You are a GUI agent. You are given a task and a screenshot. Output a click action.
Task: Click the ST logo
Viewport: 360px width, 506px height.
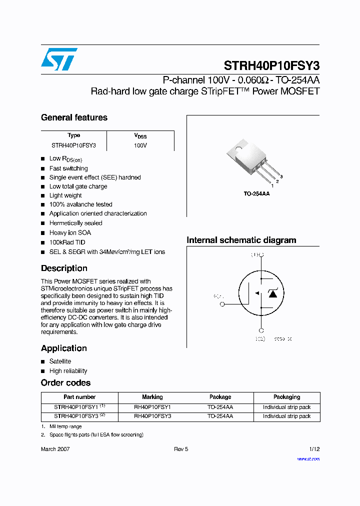point(59,59)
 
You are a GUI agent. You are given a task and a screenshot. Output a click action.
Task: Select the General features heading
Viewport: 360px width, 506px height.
point(74,117)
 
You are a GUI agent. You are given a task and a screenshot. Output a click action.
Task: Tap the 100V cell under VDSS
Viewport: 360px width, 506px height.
point(140,145)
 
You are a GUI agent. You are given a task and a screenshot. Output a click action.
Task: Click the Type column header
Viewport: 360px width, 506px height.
point(73,135)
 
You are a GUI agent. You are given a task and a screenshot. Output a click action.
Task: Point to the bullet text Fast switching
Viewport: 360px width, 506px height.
point(68,168)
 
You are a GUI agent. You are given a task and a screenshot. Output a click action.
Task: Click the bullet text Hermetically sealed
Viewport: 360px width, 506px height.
point(75,223)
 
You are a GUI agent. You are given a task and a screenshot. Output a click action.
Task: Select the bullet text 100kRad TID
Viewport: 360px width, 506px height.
point(67,242)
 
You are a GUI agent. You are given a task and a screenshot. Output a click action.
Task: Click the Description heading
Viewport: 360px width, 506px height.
point(64,268)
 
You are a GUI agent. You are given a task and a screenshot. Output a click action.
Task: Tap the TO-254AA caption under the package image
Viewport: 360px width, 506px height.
point(256,193)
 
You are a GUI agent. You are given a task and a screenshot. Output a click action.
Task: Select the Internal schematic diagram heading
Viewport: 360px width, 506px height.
point(241,240)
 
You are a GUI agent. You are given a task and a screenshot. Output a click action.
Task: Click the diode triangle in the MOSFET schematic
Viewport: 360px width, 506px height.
point(272,293)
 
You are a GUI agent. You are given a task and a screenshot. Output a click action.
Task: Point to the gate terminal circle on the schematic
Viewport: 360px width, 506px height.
point(222,304)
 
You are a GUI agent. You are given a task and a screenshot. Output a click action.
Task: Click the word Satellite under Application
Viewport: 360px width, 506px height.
point(60,361)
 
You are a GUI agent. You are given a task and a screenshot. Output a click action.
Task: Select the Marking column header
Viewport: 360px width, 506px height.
point(152,397)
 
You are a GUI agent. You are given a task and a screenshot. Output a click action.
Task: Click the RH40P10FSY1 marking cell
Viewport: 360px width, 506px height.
point(152,407)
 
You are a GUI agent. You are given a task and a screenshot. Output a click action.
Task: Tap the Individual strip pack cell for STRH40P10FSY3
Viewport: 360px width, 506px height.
point(286,416)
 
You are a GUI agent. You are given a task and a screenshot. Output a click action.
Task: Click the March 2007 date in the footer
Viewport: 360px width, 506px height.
point(55,449)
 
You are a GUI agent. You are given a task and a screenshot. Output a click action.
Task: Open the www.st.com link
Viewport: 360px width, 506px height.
point(308,458)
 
